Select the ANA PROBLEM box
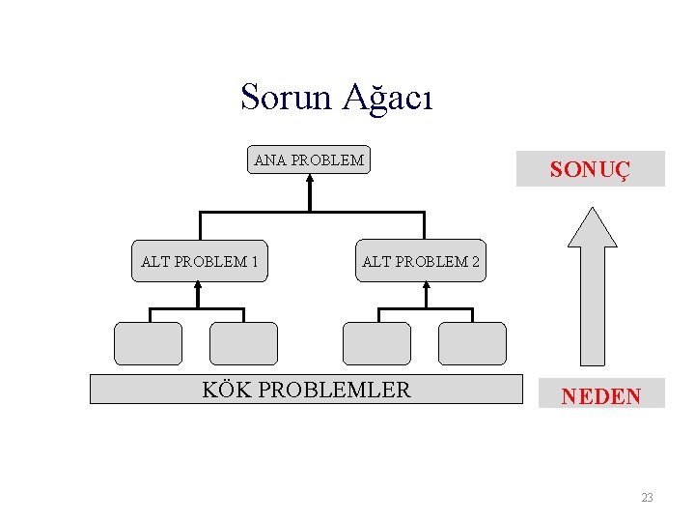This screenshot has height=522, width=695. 309,160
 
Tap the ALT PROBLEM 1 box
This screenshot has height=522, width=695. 199,261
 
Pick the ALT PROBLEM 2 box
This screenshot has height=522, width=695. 421,261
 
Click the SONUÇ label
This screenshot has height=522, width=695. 590,169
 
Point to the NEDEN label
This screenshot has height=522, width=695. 600,394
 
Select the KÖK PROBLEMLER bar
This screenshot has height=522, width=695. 306,389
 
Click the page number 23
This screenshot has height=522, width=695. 647,498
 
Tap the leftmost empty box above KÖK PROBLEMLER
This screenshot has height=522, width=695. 148,343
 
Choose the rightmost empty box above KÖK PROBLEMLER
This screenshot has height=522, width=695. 472,343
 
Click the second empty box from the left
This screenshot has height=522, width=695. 243,343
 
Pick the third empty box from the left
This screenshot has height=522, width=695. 376,343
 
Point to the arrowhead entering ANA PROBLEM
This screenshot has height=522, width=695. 310,179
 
